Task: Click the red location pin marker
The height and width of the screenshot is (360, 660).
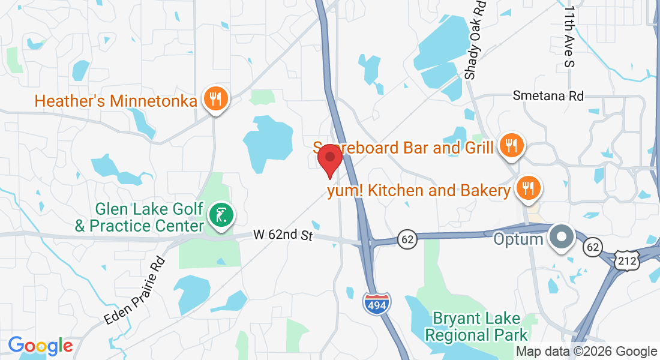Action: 329,158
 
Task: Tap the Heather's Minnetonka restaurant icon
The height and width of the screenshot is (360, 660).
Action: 214,99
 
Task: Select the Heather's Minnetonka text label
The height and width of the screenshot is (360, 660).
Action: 116,100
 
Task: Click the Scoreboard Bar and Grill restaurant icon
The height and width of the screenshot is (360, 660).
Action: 511,145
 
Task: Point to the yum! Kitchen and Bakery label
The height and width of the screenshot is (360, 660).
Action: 418,191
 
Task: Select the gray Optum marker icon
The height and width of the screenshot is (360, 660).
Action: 562,237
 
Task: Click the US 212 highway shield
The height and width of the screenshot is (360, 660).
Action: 627,260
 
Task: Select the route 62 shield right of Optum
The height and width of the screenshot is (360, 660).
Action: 593,246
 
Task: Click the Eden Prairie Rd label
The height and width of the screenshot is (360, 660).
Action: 134,291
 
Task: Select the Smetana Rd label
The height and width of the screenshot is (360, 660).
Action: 548,96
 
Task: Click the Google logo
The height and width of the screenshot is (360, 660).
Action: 40,346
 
